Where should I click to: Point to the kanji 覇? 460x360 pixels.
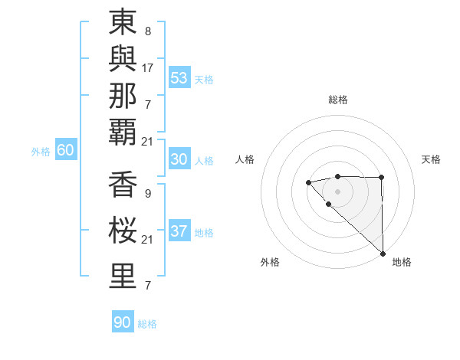[123, 132]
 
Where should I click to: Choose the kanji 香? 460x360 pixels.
[123, 186]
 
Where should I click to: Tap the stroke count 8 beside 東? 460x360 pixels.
[147, 32]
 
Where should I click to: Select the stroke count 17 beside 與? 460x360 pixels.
[148, 68]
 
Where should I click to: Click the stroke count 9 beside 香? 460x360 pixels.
[147, 195]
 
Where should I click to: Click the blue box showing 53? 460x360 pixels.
[179, 78]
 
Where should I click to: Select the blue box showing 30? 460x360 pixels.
[179, 159]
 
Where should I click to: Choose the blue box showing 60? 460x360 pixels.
[65, 150]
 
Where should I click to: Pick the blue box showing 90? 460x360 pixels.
[122, 322]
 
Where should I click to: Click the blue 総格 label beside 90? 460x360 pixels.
[147, 324]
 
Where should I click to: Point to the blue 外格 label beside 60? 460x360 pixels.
[41, 152]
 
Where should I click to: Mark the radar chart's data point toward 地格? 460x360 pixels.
[383, 254]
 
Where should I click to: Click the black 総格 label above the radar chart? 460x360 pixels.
[338, 100]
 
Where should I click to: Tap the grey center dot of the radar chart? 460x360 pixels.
[337, 191]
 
